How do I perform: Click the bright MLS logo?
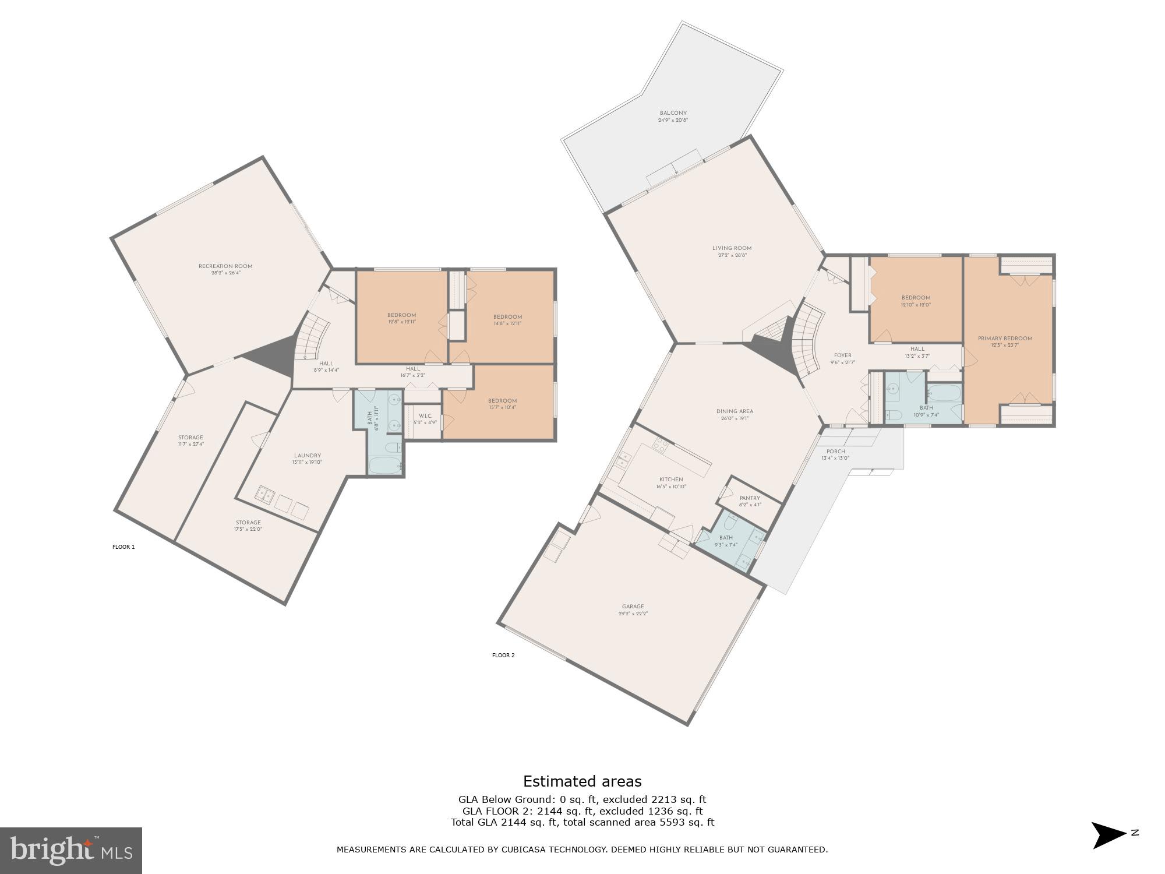pyautogui.click(x=70, y=851)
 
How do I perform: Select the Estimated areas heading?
pyautogui.click(x=582, y=781)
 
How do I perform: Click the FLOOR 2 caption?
pyautogui.click(x=503, y=655)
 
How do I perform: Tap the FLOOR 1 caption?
pyautogui.click(x=123, y=547)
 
